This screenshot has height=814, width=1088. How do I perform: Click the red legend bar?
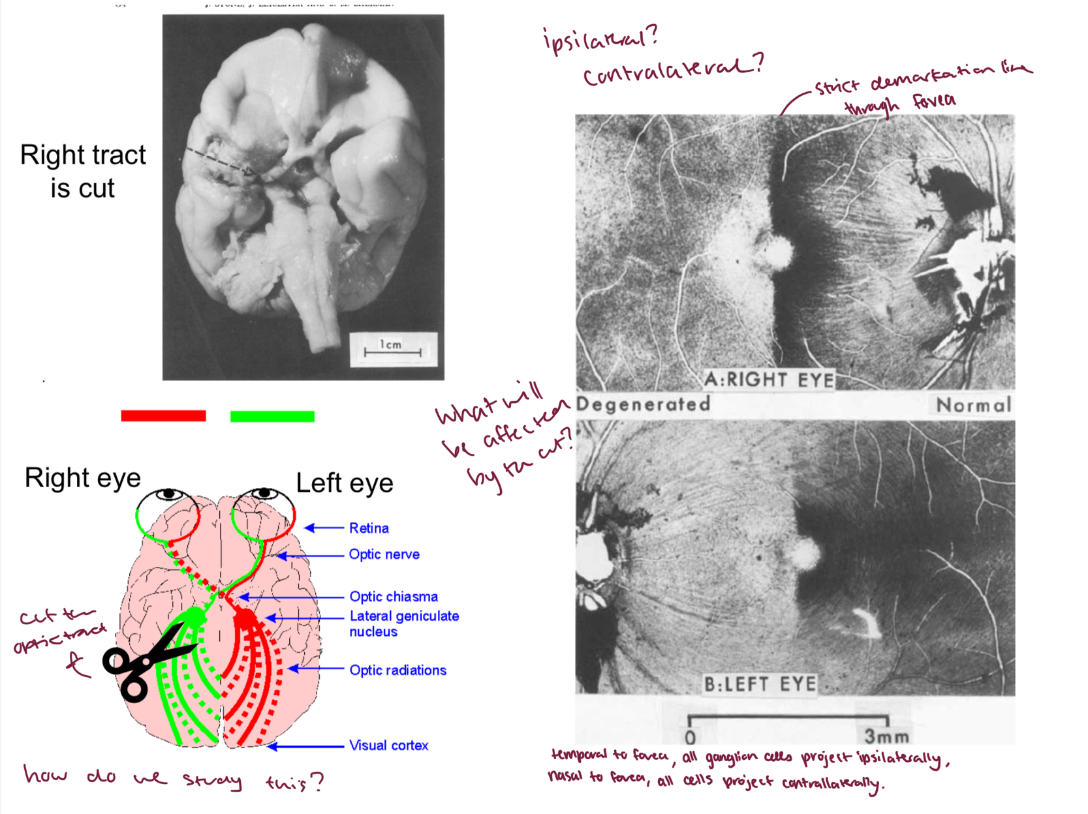(163, 416)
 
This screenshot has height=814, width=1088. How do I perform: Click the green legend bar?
(272, 416)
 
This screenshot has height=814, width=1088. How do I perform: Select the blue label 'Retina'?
(369, 528)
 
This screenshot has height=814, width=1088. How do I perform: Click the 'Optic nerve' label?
(384, 554)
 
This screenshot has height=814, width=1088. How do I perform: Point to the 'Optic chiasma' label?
(394, 597)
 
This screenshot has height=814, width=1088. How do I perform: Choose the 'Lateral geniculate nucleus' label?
(404, 624)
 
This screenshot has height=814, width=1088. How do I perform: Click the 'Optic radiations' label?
(397, 671)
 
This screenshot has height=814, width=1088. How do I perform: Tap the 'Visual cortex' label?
(388, 746)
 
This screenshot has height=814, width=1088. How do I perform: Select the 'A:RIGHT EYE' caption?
(769, 380)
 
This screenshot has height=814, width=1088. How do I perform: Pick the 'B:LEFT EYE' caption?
(760, 684)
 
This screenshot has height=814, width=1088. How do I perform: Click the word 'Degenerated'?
(643, 404)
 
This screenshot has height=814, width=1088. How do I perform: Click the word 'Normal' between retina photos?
(973, 405)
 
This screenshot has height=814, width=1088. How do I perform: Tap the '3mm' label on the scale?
(886, 736)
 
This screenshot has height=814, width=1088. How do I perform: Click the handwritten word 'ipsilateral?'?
(600, 39)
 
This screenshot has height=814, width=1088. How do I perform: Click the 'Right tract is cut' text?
(83, 172)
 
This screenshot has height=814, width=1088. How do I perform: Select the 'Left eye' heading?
(345, 483)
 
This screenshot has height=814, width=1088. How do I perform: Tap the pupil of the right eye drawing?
(169, 494)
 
